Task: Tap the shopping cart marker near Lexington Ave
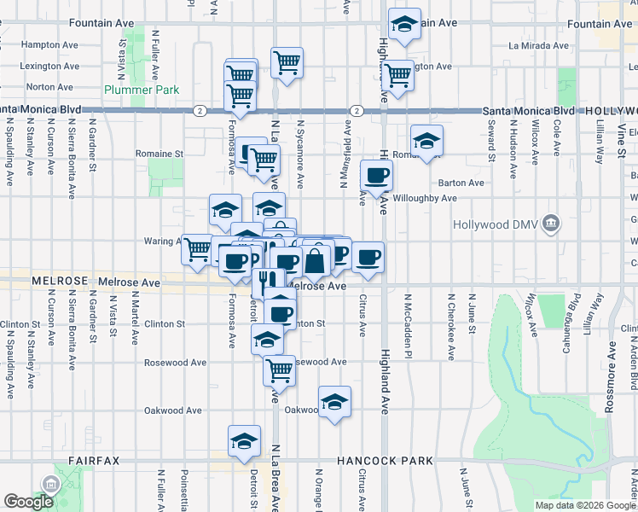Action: [398, 75]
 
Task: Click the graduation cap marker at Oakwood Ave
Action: [335, 402]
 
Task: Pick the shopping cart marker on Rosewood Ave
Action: [279, 370]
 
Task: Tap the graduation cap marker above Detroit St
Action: [244, 441]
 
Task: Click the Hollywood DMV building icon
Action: [552, 224]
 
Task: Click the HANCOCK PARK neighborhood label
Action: [385, 461]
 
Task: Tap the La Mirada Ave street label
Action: [537, 45]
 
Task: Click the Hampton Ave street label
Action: [43, 44]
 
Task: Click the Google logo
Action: [28, 502]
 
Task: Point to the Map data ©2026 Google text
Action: [585, 505]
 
